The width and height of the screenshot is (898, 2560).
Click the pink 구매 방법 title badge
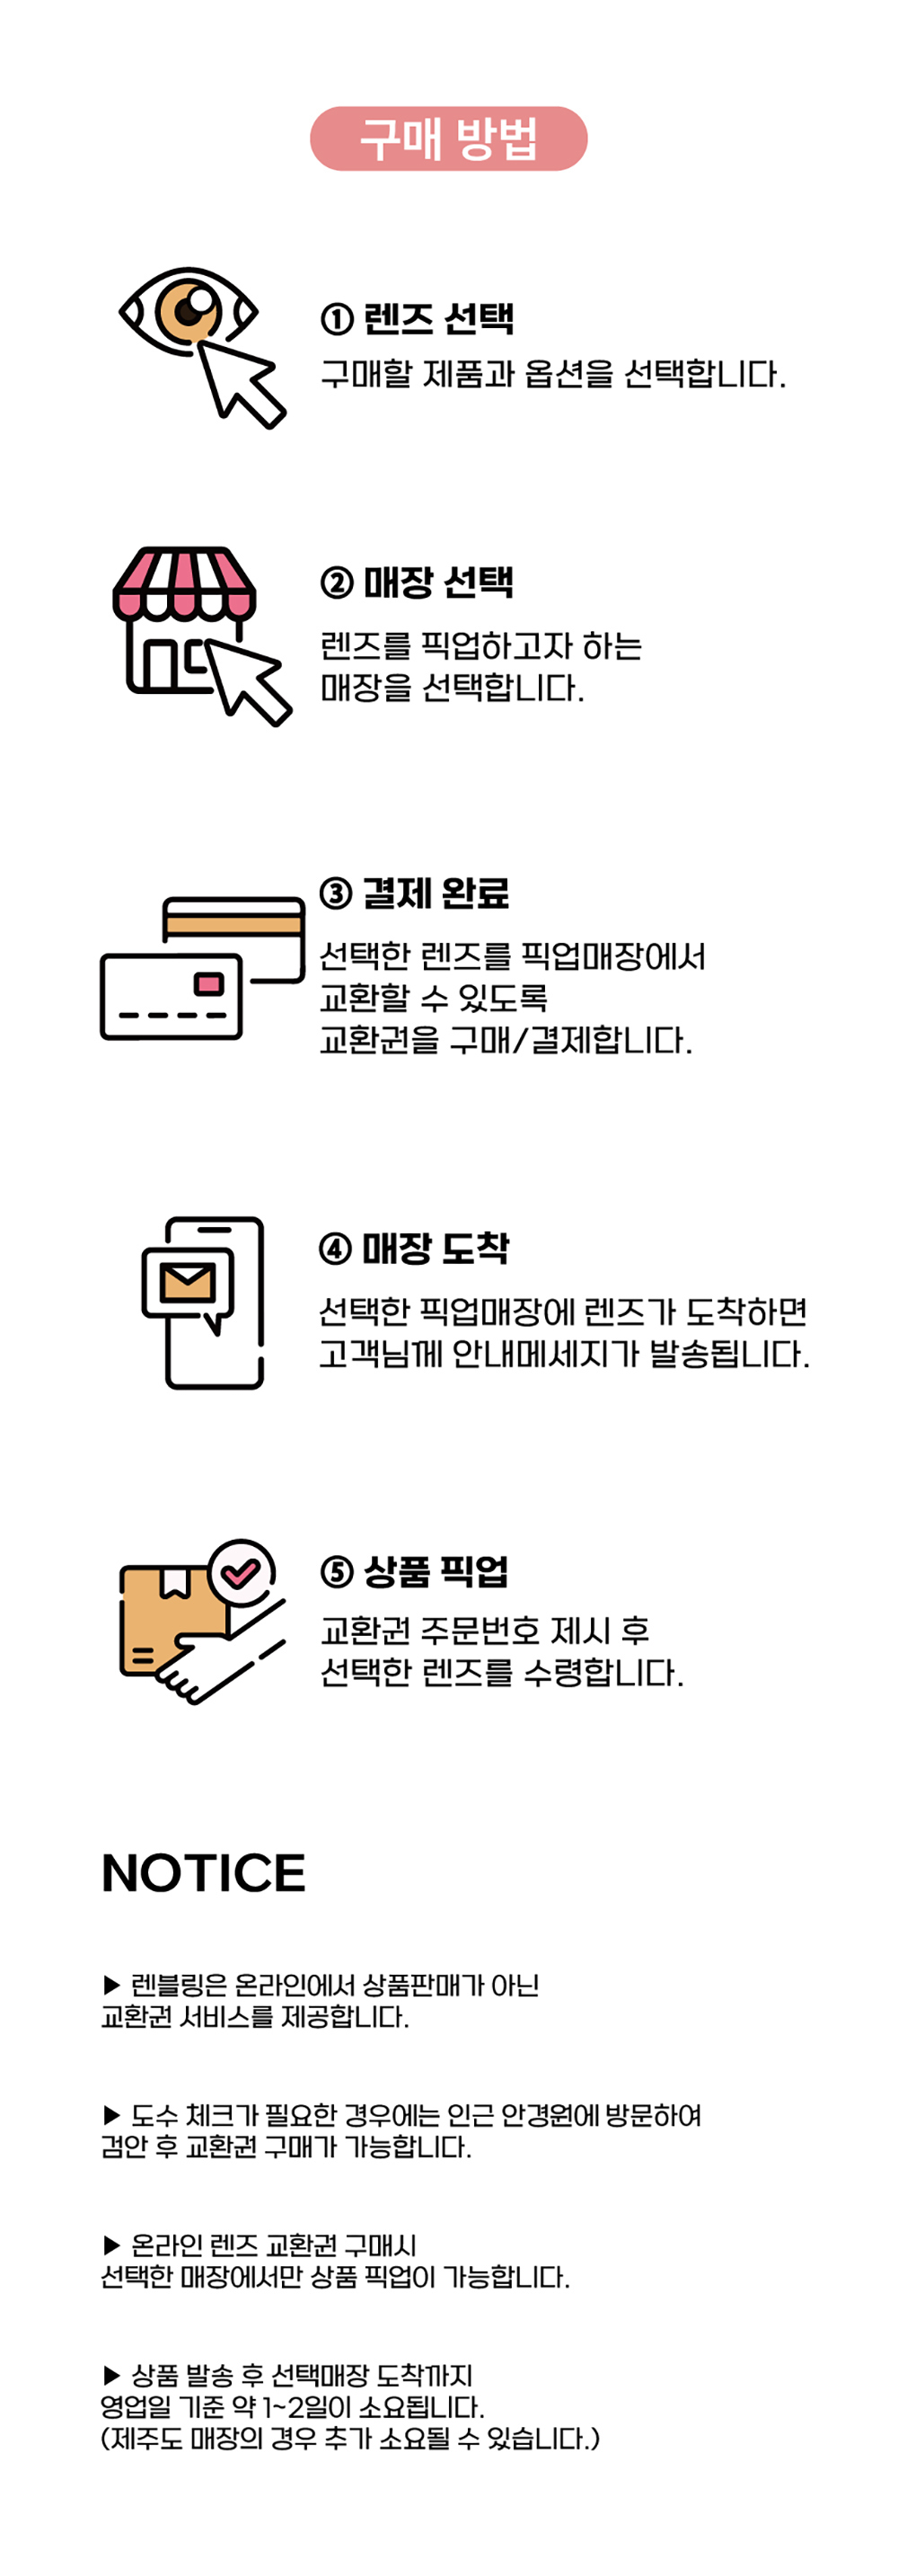[x=448, y=138]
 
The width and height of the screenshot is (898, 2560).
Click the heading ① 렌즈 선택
[x=418, y=319]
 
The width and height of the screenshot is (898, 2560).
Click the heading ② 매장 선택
[x=418, y=582]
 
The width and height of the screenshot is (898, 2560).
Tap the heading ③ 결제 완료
[x=414, y=893]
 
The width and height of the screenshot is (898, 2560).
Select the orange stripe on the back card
[x=233, y=925]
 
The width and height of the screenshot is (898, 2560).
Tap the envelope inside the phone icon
[x=187, y=1281]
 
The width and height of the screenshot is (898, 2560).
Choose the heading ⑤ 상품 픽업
[x=414, y=1571]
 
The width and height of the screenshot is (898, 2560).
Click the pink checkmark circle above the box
[x=241, y=1572]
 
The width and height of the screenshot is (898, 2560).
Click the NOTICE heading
[x=204, y=1873]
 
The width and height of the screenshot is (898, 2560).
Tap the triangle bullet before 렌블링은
[x=111, y=1986]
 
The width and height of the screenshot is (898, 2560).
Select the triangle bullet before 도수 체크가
[x=111, y=2115]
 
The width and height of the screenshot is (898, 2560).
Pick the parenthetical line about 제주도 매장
[x=349, y=2438]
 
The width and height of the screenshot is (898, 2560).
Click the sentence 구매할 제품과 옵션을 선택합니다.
[x=552, y=375]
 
